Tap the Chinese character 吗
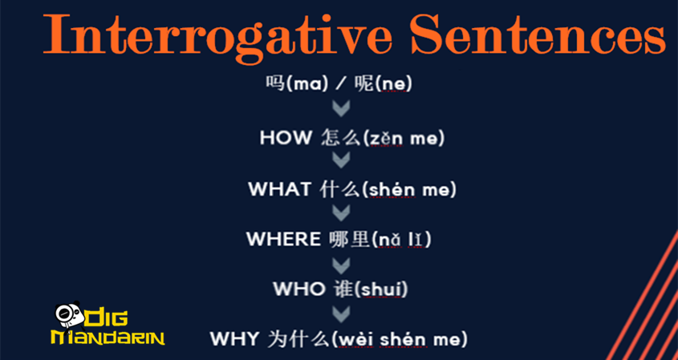tap(274, 83)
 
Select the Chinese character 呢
tap(364, 83)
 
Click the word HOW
tap(285, 138)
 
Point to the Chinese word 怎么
tap(339, 138)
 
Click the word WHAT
tap(279, 189)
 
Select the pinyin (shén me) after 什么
tap(409, 189)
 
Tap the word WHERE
tap(283, 239)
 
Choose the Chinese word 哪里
tap(348, 239)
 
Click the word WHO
tap(298, 289)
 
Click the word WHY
tap(236, 338)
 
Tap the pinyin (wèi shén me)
tap(399, 338)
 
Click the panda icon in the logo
tap(65, 315)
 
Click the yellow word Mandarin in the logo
tap(107, 337)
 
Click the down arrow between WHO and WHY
tap(341, 313)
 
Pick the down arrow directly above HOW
tap(341, 109)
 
